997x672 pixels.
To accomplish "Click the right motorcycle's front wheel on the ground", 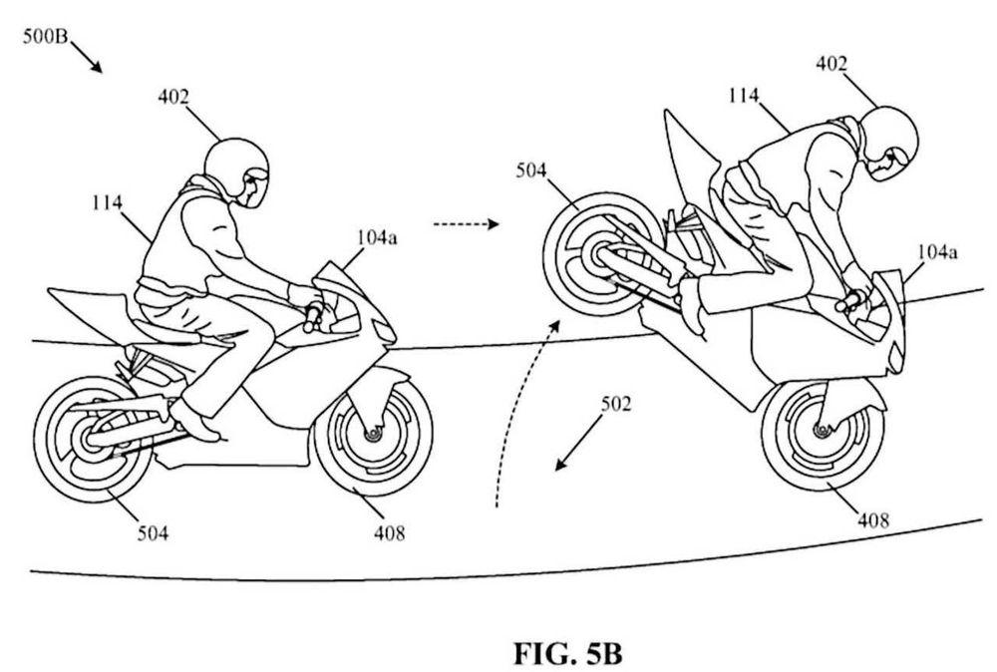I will click(x=823, y=430).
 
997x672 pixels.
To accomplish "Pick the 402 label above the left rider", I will click(x=172, y=97).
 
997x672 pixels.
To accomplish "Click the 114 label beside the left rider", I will click(x=105, y=202).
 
